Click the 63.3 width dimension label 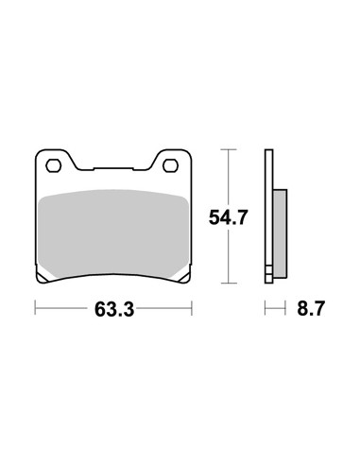[114, 309]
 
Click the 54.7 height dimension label [229, 217]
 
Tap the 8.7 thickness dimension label [311, 308]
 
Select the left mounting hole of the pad [53, 165]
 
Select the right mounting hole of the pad [170, 165]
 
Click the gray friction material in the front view [113, 233]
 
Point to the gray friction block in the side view [281, 233]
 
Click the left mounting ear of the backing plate [54, 161]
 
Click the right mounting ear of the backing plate [171, 161]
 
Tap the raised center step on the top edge [113, 169]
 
